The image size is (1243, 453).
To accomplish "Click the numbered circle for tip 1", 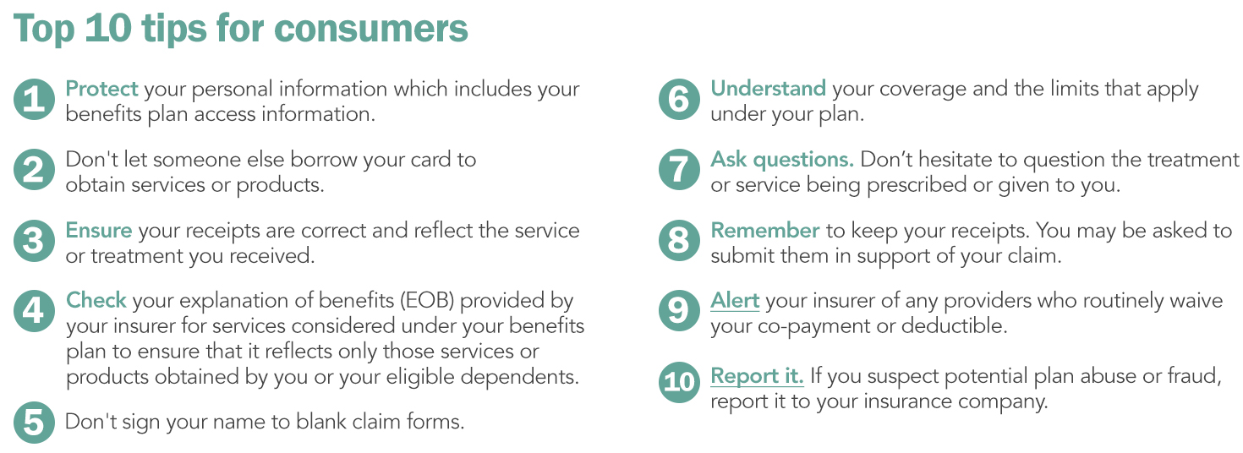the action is coord(35,99).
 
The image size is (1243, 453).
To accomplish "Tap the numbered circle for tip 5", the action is coord(35,423).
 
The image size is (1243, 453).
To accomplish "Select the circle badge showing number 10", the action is coord(679,381).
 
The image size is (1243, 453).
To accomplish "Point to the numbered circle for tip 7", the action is coord(679,170).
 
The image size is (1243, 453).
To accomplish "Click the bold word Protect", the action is coord(101,89).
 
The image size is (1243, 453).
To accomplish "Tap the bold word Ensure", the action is coord(99,230).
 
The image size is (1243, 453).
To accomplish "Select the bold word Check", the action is coord(96,300).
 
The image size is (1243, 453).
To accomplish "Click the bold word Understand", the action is coord(768,88).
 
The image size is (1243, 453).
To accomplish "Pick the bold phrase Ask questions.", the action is coord(782,160).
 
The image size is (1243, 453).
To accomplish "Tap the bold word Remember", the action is coord(764,230).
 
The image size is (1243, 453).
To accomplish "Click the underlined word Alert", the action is coord(735,301).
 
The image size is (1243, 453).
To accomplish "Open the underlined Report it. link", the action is coord(757,376).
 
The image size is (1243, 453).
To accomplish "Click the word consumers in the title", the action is coord(370,28).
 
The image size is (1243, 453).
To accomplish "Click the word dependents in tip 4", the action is coord(519,377).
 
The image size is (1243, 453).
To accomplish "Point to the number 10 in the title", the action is coord(108,28).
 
